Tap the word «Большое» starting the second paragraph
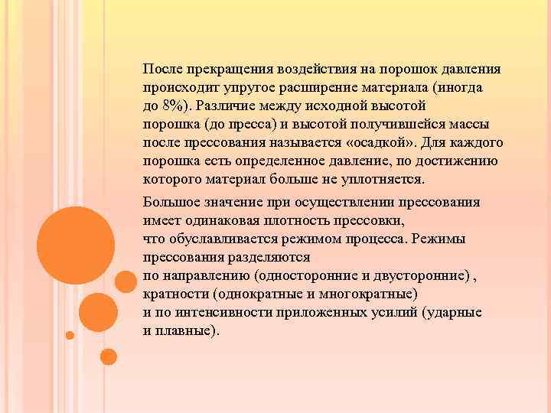[x=169, y=203]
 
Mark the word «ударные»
[x=456, y=313]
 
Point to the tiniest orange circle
[x=70, y=335]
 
